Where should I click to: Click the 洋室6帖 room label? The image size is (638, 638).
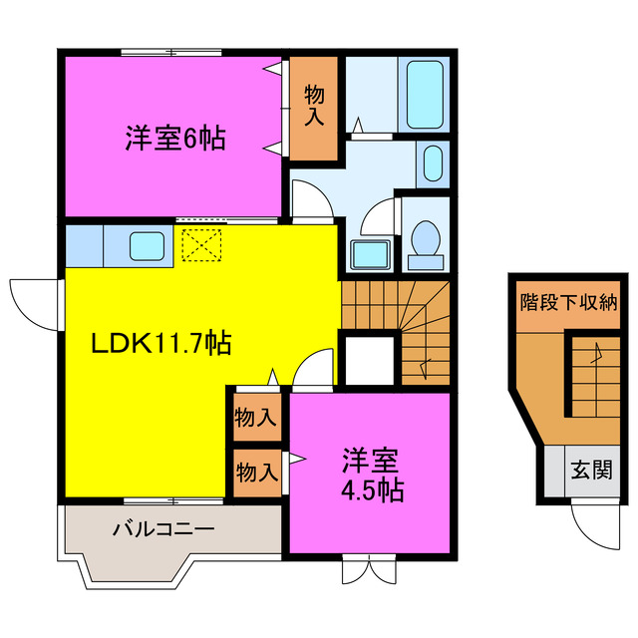[174, 138]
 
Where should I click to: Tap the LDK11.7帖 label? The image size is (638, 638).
[162, 345]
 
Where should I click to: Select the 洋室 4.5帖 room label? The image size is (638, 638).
[371, 476]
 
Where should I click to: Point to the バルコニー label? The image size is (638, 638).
[162, 528]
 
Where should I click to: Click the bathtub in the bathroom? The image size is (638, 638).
[426, 94]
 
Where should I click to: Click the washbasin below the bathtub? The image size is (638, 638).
[433, 163]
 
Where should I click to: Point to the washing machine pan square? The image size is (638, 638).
[371, 255]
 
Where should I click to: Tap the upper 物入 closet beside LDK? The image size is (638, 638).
[255, 417]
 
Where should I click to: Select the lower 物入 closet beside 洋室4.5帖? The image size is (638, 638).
[255, 472]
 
